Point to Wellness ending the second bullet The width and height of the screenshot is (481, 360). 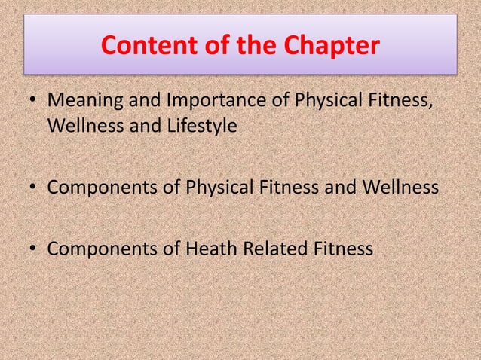tap(397, 187)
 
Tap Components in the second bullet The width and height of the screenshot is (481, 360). tap(101, 187)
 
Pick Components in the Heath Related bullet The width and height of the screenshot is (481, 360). tap(101, 248)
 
